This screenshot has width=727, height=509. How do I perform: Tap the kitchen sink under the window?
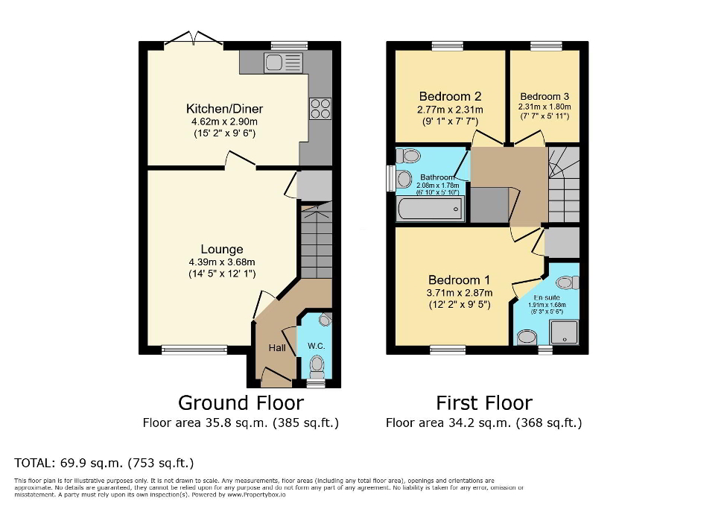pos(282,64)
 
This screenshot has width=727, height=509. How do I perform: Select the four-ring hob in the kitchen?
pos(320,109)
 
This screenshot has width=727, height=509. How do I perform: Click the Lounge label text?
pos(221,249)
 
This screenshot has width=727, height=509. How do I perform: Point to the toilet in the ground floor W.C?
pos(317,365)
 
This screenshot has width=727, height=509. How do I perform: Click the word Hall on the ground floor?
pos(277,349)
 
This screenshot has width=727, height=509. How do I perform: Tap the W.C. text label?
pos(316,346)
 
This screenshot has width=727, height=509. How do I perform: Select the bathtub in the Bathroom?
pos(430,209)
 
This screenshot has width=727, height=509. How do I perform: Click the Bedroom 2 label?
pos(449,96)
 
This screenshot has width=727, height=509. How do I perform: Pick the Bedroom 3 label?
pos(545,96)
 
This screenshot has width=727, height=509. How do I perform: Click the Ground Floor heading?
pos(241,403)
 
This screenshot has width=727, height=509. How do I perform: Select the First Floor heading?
pos(483,403)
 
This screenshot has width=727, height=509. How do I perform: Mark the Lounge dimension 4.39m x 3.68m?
pos(221,262)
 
